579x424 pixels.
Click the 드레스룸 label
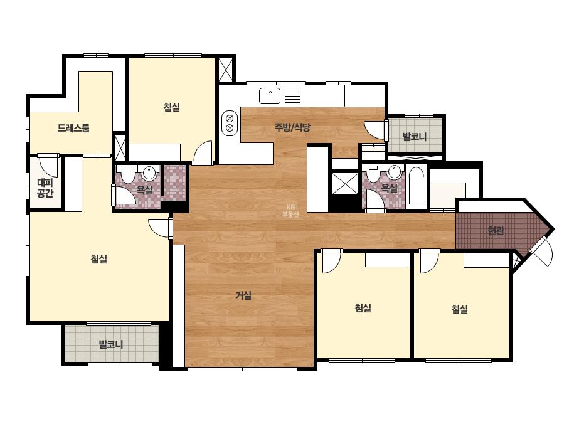73,128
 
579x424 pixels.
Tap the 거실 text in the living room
243,295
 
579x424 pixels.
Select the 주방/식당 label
292,127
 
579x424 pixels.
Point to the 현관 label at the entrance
496,231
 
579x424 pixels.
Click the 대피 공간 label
45,188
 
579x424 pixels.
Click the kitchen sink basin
270,96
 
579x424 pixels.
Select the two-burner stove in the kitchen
230,123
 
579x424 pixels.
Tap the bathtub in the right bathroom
417,186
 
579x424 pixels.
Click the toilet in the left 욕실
128,174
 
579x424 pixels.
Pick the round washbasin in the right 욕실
395,172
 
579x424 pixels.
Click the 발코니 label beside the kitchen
414,137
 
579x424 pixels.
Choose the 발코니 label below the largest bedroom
111,345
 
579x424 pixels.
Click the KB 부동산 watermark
290,211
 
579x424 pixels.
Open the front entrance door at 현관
542,252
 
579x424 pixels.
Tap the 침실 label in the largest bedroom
99,259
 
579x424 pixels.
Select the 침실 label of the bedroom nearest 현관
460,309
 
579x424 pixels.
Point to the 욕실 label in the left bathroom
145,190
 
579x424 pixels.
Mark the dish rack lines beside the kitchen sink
292,96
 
